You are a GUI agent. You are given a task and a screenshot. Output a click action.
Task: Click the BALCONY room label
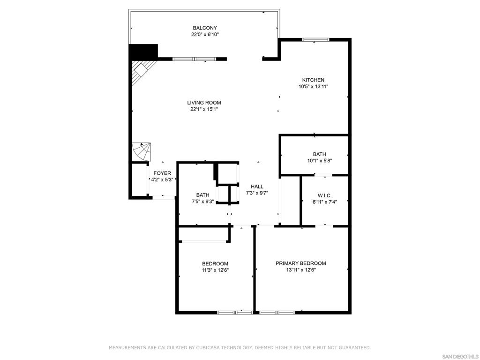point(205,28)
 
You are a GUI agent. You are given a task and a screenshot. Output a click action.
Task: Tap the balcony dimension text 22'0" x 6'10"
point(205,35)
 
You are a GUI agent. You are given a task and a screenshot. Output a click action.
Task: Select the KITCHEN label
point(313,80)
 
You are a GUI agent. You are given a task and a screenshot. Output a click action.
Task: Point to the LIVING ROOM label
point(204,103)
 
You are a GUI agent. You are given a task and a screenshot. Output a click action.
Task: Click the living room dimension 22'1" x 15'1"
point(204,109)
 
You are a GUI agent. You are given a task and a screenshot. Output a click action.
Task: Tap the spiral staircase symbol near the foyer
point(142,151)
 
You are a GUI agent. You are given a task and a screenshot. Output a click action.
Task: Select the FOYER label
point(162,173)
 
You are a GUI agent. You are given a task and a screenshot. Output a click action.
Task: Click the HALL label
point(257,187)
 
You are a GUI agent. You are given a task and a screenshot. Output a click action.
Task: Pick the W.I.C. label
point(324,195)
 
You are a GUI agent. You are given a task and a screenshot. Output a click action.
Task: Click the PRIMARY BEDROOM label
point(301,263)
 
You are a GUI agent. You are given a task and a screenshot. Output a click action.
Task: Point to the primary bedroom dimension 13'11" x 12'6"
point(301,270)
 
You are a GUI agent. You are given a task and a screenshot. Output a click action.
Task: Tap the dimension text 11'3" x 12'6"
point(215,270)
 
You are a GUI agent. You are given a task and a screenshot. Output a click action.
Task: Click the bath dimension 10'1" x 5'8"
point(320,161)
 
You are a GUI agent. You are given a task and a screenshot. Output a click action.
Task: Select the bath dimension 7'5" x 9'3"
point(202,202)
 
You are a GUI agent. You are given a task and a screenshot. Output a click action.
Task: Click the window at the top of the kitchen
point(315,39)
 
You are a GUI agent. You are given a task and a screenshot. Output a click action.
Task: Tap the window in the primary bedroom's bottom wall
point(277,313)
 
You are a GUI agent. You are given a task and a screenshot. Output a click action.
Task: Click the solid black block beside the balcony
point(143,52)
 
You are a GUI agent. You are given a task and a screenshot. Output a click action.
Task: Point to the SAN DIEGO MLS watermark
point(460,357)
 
